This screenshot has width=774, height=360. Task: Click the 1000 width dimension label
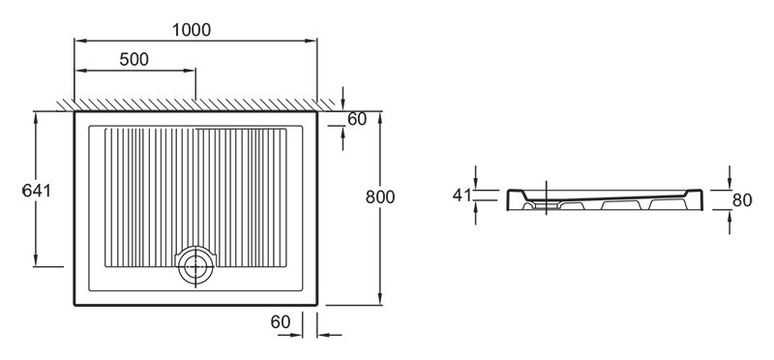[192, 30]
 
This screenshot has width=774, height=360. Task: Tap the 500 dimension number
[134, 59]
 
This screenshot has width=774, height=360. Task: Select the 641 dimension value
[37, 190]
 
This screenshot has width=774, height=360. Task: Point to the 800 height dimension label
[380, 197]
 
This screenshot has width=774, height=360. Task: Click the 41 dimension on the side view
[462, 195]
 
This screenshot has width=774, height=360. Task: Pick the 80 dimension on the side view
[742, 200]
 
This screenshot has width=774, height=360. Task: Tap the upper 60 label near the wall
[357, 119]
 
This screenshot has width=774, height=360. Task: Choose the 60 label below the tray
[281, 322]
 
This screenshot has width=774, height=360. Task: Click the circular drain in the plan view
[196, 266]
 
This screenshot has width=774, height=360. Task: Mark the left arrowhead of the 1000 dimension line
[80, 41]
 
